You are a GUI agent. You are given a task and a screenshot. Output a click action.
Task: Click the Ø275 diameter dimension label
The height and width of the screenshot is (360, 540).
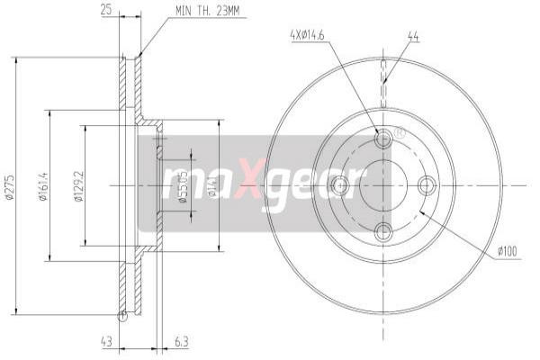(x=10, y=187)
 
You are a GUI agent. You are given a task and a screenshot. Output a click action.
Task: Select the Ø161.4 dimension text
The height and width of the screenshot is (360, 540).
(x=42, y=187)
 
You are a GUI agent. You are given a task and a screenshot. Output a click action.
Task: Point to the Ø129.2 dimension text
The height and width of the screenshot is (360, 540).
(x=79, y=187)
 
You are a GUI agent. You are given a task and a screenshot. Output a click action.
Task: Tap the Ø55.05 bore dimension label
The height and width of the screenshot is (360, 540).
(x=182, y=187)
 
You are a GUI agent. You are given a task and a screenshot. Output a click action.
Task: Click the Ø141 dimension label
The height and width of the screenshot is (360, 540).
(x=213, y=187)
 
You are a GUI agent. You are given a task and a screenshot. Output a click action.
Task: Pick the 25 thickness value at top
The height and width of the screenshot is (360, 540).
(x=106, y=11)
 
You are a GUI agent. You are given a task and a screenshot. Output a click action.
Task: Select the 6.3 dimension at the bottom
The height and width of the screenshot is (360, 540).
(x=181, y=342)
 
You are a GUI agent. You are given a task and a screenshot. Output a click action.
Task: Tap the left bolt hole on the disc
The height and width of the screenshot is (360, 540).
(x=339, y=185)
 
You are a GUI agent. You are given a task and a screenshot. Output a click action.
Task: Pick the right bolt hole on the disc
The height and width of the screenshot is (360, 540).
(x=427, y=185)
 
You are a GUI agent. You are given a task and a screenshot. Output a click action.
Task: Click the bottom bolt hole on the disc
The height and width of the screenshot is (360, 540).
(x=383, y=230)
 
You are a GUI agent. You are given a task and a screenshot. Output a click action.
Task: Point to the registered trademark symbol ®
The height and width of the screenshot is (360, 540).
(x=400, y=132)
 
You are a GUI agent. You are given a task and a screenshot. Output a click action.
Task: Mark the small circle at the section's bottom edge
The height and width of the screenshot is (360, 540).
(x=122, y=314)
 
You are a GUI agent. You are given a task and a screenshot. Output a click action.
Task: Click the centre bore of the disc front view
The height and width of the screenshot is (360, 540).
(x=383, y=185)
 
